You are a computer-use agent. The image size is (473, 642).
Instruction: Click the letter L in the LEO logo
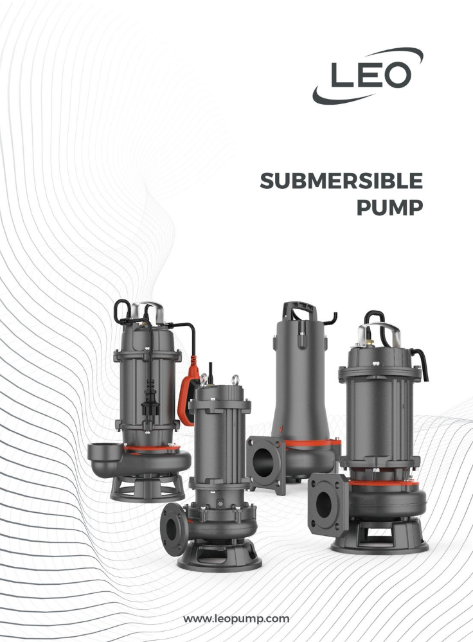tap(338, 76)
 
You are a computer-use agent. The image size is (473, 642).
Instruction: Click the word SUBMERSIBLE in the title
tap(341, 182)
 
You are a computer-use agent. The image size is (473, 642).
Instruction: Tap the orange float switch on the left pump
tap(188, 397)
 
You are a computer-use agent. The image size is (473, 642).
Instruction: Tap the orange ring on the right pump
tap(384, 482)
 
